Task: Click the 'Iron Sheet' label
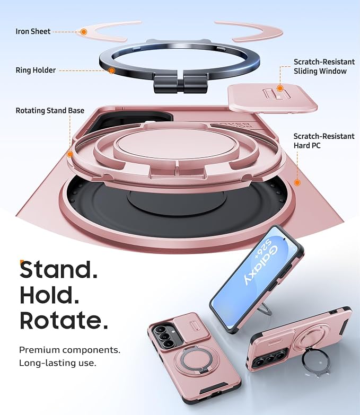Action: point(33,31)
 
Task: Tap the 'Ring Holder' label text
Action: point(36,70)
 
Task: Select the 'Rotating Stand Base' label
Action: point(50,110)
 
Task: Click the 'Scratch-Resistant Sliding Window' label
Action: point(324,66)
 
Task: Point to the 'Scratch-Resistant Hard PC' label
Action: point(324,141)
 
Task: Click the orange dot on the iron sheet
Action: point(84,32)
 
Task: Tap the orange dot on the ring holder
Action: point(112,70)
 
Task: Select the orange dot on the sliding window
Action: point(280,89)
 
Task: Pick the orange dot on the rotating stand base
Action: point(70,154)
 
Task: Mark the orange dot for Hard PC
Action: point(297,183)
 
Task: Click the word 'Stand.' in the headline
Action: point(59,269)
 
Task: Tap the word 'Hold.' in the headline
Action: point(49,295)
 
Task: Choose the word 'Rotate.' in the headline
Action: point(64,320)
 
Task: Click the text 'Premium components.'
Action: point(69,350)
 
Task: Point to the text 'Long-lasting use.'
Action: point(58,363)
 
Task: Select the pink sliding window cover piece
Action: point(273,99)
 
